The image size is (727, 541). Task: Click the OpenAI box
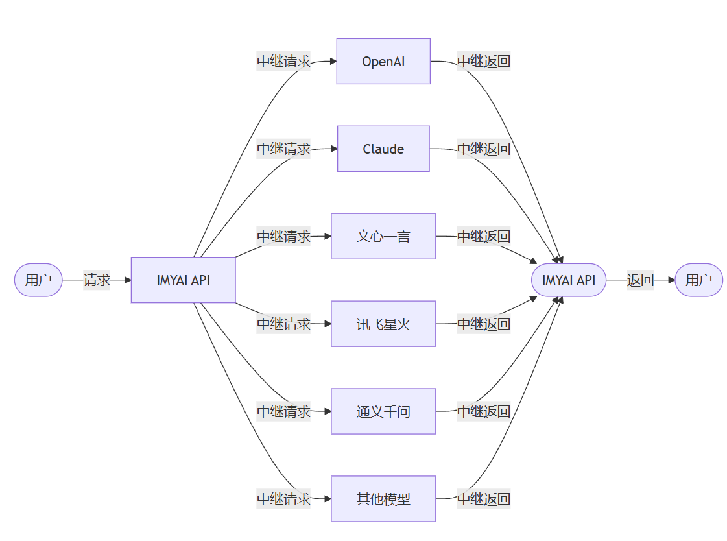point(383,62)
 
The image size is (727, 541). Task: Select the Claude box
point(383,149)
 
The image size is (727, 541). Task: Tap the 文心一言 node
point(383,236)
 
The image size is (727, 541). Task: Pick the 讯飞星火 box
point(383,324)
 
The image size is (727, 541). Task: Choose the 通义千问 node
point(383,411)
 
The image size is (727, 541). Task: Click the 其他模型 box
point(383,499)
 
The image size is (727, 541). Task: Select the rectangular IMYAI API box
point(183,280)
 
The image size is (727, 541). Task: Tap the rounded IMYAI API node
point(568,280)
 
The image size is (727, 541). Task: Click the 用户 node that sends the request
point(38,280)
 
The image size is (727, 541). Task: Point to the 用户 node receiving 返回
point(698,280)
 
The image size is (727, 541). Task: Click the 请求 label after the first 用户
point(97,280)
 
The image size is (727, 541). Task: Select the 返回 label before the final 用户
point(640,280)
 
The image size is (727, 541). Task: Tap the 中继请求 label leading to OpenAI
point(283,62)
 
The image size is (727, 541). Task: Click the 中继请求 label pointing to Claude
point(283,149)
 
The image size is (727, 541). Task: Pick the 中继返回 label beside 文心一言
point(483,236)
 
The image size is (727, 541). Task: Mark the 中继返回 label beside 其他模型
point(483,499)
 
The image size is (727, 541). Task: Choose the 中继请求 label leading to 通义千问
point(283,411)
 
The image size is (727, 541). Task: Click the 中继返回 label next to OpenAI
point(483,62)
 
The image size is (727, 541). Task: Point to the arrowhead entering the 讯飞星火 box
point(328,324)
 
